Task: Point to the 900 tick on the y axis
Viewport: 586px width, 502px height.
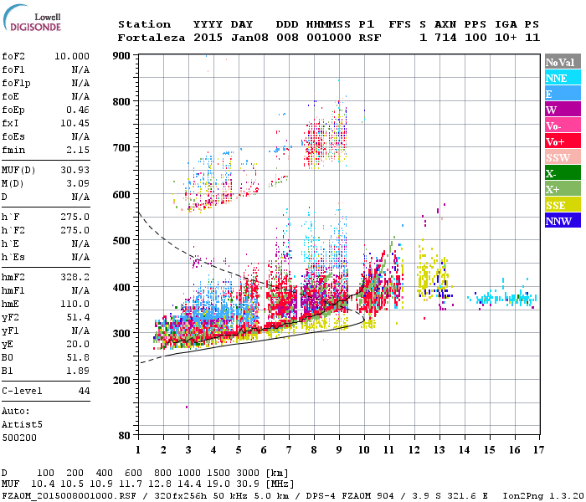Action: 122,56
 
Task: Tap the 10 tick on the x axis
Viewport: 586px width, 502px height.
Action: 363,449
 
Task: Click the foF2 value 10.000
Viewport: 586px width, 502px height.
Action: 72,55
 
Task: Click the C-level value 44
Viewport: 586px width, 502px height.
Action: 84,391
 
